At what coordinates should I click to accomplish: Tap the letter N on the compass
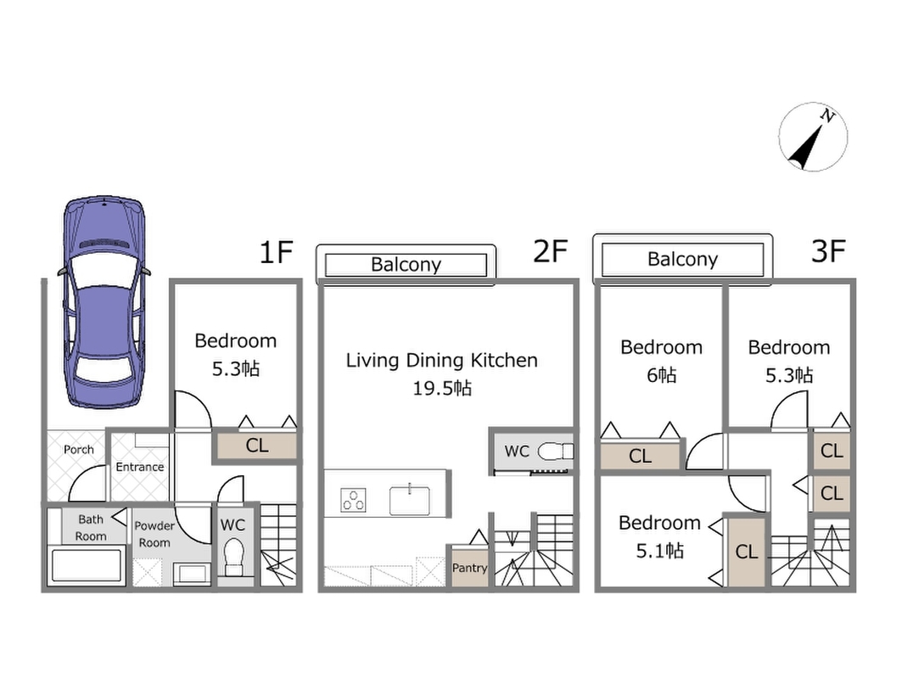[x=827, y=115]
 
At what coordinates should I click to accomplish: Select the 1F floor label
[x=276, y=252]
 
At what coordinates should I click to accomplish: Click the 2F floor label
[x=551, y=251]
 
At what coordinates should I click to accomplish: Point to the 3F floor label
[x=828, y=251]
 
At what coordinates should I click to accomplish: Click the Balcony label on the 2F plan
[x=406, y=264]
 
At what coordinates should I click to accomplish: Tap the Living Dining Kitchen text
[x=442, y=360]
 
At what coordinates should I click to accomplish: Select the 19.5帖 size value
[x=442, y=389]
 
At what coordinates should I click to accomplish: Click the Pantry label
[x=469, y=568]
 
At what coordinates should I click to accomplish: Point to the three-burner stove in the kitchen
[x=353, y=499]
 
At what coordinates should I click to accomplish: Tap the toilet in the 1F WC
[x=234, y=557]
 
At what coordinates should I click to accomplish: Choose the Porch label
[x=79, y=449]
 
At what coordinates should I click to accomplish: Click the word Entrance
[x=140, y=467]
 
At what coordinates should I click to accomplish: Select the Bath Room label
[x=91, y=528]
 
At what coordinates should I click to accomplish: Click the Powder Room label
[x=154, y=534]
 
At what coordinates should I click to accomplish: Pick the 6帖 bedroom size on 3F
[x=662, y=375]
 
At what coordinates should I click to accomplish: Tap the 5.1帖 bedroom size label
[x=660, y=551]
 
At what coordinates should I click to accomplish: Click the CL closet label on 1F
[x=256, y=446]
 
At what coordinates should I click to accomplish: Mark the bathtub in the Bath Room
[x=87, y=565]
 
